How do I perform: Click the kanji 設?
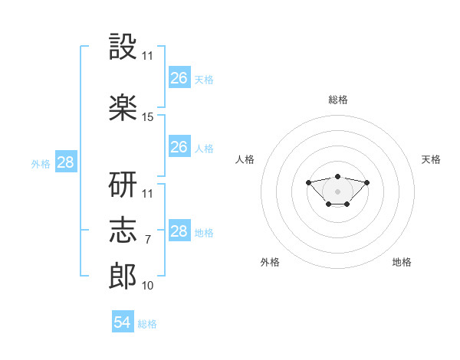click(123, 47)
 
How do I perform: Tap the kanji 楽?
click(123, 108)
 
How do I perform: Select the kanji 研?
click(123, 185)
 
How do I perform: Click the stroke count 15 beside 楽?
click(148, 117)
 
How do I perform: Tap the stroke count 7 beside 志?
click(148, 240)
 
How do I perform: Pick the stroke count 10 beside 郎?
click(148, 286)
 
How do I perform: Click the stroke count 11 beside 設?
click(148, 56)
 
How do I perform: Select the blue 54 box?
click(123, 322)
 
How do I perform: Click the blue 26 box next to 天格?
click(179, 77)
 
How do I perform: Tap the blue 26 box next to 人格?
click(179, 146)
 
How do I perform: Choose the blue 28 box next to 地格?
click(179, 231)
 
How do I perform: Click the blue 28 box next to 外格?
click(65, 162)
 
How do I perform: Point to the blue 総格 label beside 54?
click(147, 324)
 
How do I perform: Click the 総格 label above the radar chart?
click(337, 100)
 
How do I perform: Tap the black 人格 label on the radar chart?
click(245, 159)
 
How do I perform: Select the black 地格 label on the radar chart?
click(402, 262)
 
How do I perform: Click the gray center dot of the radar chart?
click(337, 191)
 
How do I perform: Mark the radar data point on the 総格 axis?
click(337, 176)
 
